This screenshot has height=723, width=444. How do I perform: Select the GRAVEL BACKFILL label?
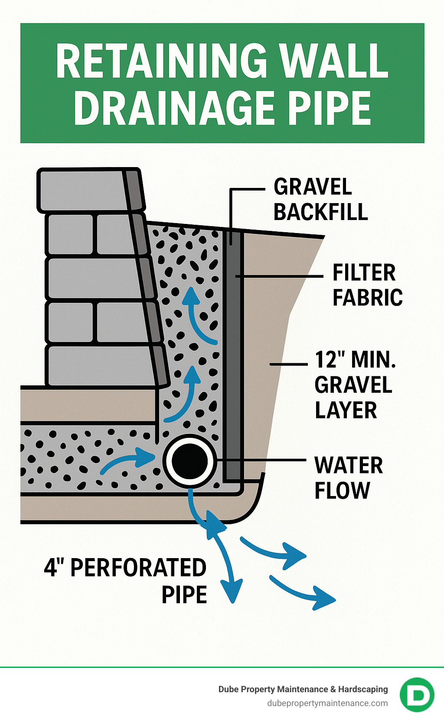pyautogui.click(x=320, y=200)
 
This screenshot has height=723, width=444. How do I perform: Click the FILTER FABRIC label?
pyautogui.click(x=367, y=285)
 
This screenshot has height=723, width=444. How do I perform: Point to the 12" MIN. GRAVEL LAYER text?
pyautogui.click(x=355, y=385)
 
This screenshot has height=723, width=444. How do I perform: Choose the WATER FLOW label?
pyautogui.click(x=348, y=478)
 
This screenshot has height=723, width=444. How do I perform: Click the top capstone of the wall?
pyautogui.click(x=87, y=190)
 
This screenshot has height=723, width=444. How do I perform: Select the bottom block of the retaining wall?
pyautogui.click(x=102, y=366)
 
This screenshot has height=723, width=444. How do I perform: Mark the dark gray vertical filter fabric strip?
pyautogui.click(x=233, y=347)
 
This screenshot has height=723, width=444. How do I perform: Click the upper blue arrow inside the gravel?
pyautogui.click(x=197, y=317)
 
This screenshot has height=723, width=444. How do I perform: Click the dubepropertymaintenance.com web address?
pyautogui.click(x=327, y=703)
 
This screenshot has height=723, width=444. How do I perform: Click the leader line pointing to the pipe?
pyautogui.click(x=260, y=459)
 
